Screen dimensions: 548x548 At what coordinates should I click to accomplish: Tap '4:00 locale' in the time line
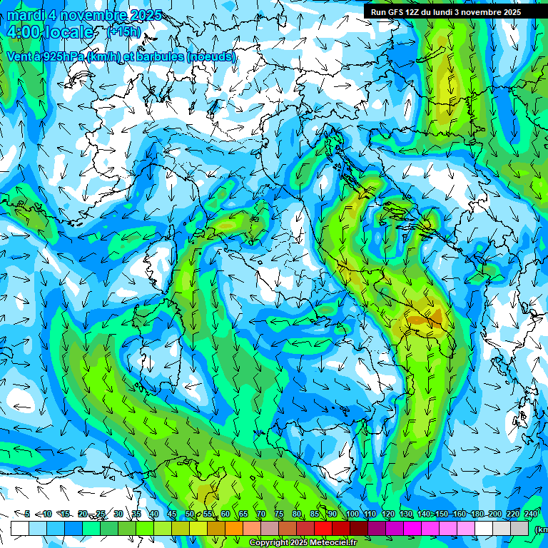point(49,33)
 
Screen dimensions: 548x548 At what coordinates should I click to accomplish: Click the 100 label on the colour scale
point(352,514)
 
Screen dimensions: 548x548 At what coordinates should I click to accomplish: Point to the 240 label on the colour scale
point(530,514)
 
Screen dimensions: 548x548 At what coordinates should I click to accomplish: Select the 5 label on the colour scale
point(27,514)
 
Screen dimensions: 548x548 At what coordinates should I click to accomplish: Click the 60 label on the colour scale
point(225,514)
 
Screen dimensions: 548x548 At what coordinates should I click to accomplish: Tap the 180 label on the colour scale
point(477,514)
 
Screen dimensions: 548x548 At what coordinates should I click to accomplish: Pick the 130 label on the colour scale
point(405,514)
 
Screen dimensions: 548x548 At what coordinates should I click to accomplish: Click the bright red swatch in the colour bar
point(323,528)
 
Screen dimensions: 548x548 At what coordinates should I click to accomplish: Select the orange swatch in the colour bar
point(234,528)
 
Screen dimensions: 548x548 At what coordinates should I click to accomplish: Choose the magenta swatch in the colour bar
point(412,528)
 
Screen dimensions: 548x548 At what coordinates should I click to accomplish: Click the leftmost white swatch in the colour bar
point(20,528)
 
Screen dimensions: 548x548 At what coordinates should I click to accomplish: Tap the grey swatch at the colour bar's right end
point(519,528)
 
